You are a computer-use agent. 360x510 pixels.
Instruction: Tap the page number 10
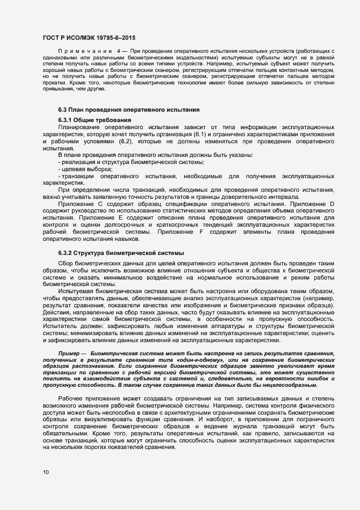[45, 472]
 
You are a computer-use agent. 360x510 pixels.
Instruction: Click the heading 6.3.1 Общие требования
[93, 120]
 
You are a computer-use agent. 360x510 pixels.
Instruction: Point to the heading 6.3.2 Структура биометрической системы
[121, 253]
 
